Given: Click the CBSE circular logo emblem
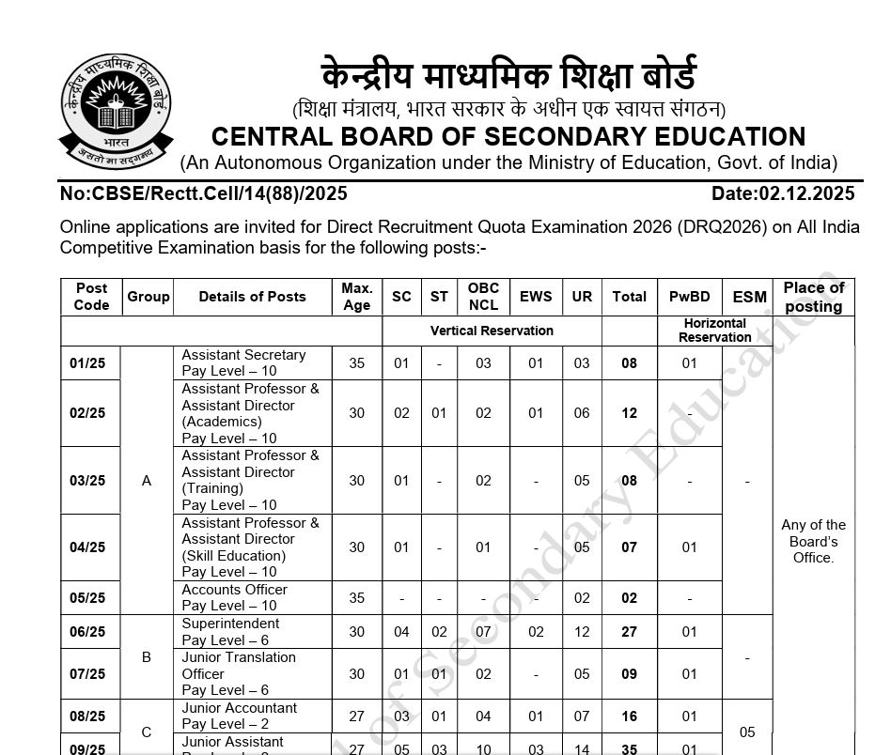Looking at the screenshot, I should tap(116, 110).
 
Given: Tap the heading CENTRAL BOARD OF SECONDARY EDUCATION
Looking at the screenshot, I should tap(508, 137).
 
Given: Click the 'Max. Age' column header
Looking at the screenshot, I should tap(356, 297).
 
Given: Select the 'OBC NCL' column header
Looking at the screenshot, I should tap(483, 297).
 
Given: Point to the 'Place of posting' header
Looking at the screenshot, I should tap(814, 297).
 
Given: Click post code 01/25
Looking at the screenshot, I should tap(87, 363).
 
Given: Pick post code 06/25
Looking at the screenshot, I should tap(87, 632).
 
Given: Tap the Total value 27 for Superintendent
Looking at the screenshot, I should tap(629, 632).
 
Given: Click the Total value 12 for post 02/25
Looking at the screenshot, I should tap(629, 413).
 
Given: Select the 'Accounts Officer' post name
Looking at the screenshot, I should tap(235, 590).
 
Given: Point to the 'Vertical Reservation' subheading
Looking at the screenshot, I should tap(492, 331).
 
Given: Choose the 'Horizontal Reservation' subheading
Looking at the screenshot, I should tap(714, 331).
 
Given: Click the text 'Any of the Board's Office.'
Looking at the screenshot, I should tap(814, 541).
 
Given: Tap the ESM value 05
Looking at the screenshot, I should tap(747, 732).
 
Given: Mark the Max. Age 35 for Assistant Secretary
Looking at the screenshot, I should tap(356, 363).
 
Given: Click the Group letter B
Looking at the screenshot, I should tap(147, 657).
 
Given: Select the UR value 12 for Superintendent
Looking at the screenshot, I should tap(582, 632).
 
